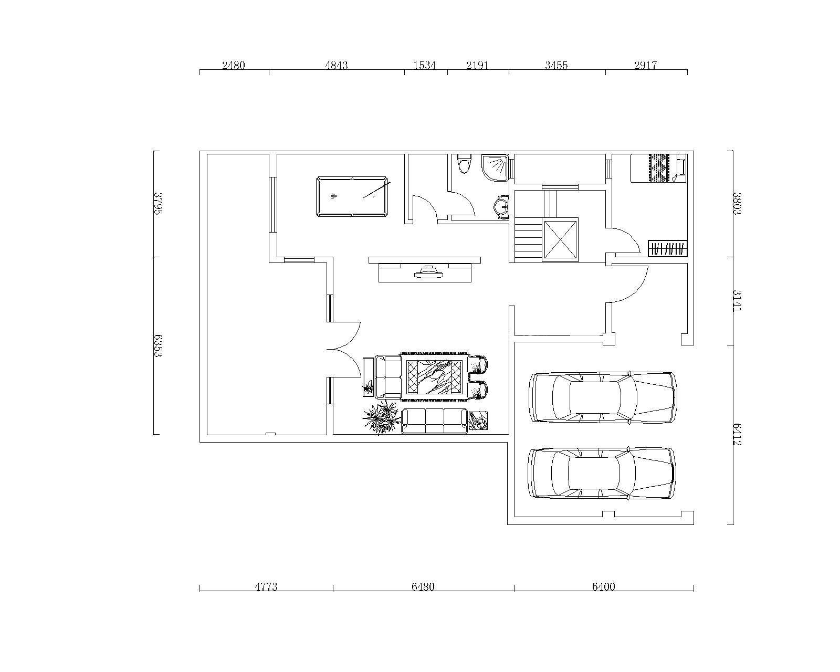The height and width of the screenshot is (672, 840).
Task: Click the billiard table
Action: [x=352, y=196]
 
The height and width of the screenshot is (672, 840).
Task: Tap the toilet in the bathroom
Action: [x=465, y=164]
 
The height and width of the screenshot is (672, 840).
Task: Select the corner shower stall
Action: [x=495, y=167]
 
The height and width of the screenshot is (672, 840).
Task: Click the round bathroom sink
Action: [x=501, y=206]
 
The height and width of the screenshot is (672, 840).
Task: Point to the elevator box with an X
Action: [x=560, y=239]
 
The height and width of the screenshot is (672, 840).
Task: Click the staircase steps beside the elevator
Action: [x=529, y=240]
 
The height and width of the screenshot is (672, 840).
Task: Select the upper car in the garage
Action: [x=603, y=397]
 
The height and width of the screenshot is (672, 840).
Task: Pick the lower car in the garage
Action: [x=602, y=473]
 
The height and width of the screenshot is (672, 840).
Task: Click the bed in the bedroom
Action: [x=658, y=169]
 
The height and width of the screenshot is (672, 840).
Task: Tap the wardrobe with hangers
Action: [x=667, y=248]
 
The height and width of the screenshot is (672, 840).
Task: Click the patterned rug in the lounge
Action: [x=435, y=376]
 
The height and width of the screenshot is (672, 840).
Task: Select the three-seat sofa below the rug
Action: [x=435, y=421]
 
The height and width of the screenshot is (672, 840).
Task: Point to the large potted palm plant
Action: [x=381, y=417]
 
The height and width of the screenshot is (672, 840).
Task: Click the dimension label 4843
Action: [x=337, y=65]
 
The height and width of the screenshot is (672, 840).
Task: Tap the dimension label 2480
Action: [x=234, y=65]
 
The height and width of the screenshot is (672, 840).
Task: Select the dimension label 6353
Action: [x=157, y=345]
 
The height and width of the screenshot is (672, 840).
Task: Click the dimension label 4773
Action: [x=266, y=586]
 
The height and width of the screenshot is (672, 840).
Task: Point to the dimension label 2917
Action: [x=646, y=65]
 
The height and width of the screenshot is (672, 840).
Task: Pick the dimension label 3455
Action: [x=556, y=65]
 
